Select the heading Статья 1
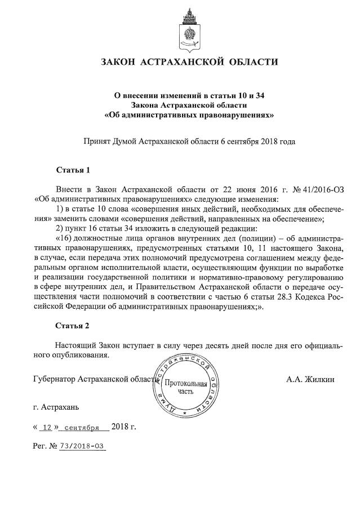[x=73, y=169]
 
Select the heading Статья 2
[x=73, y=326]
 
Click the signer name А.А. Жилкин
[x=310, y=379]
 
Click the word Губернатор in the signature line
[x=54, y=379]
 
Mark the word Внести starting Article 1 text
[x=69, y=189]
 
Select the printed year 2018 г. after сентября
[x=124, y=426]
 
